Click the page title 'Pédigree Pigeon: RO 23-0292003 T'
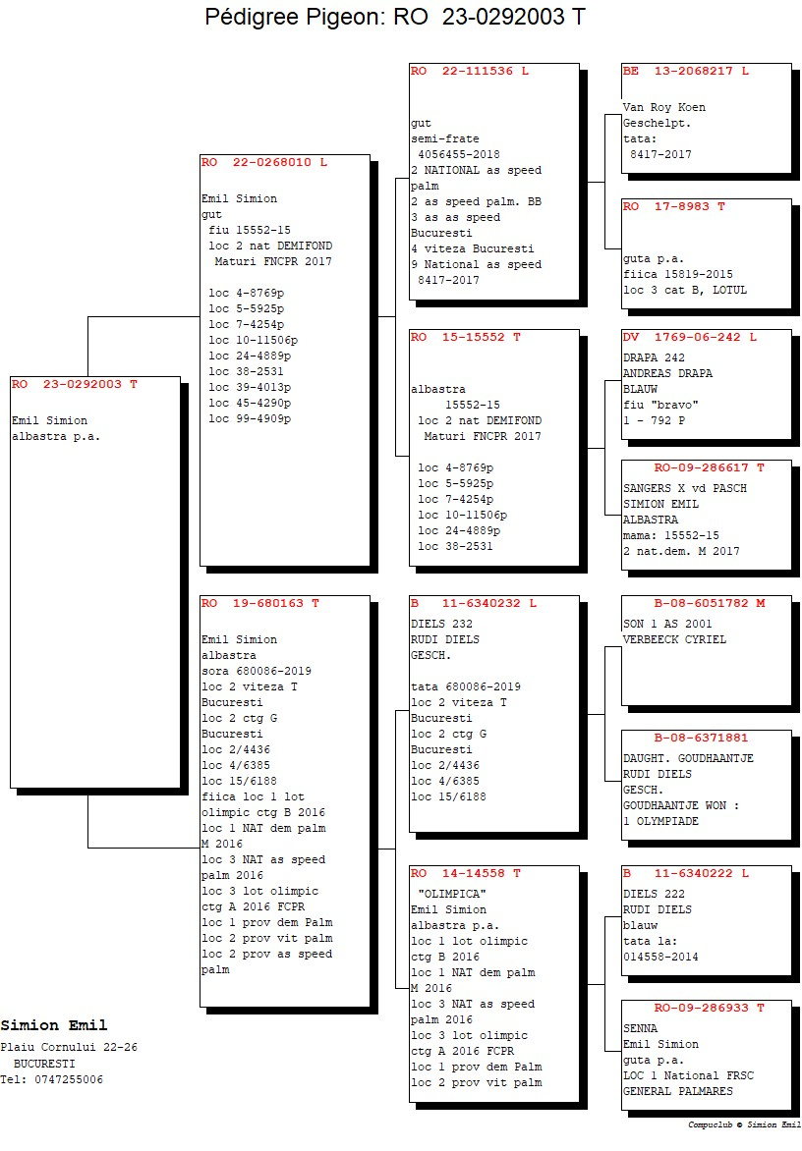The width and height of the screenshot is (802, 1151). coord(395,16)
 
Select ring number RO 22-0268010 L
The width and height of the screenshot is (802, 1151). coord(264,162)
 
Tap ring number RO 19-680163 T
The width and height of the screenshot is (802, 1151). coord(260,603)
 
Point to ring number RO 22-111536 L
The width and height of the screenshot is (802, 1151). coord(470,72)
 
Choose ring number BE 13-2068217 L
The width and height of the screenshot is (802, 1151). coord(686,72)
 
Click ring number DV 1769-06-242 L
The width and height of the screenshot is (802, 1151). coord(690,338)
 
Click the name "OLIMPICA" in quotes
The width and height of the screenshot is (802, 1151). coord(452,894)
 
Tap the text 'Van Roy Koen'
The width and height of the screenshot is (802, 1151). coord(664,107)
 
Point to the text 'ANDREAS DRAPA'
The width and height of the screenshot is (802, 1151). coord(667,373)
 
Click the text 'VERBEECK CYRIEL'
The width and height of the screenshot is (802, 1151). coord(674,640)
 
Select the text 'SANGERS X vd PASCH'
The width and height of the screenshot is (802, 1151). coord(684,489)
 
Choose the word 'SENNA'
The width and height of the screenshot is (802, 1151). coord(641,1029)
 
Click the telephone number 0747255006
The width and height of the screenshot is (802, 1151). coord(69,1079)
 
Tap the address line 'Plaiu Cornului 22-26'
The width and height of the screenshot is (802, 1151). coord(69,1048)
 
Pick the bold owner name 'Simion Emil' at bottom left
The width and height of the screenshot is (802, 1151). coord(54,1025)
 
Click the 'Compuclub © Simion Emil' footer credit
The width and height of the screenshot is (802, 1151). coord(744,1125)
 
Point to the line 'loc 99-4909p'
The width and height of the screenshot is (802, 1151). coord(250,419)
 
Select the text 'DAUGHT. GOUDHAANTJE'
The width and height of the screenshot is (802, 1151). coord(688,759)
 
